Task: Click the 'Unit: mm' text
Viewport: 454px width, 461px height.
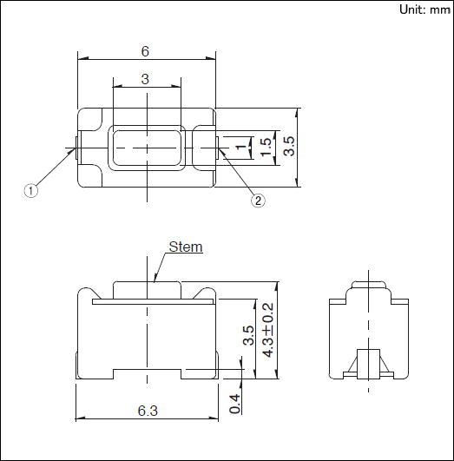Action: coord(424,10)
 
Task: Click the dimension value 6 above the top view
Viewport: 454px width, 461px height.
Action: coord(145,51)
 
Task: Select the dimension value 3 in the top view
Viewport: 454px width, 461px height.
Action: coord(145,79)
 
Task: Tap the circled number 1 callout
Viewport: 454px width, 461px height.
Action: coord(31,190)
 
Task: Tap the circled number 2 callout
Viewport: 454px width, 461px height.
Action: coord(258,201)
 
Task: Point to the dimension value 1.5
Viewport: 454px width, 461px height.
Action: coord(266,147)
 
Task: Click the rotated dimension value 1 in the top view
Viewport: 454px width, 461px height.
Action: coord(241,146)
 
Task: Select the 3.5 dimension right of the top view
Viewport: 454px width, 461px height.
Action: coord(289,146)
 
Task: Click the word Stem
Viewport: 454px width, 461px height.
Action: coord(186,247)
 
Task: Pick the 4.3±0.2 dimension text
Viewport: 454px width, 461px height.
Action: coord(268,330)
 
